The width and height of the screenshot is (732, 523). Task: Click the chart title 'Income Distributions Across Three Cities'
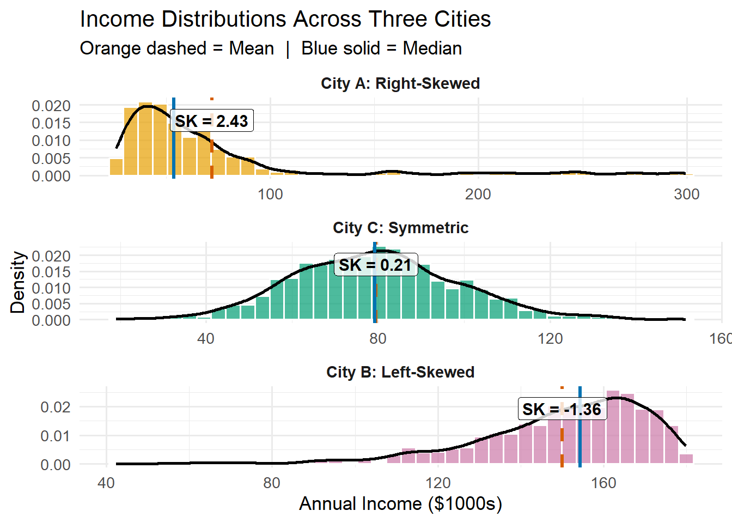285,20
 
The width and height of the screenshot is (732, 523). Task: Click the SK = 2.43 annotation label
211,121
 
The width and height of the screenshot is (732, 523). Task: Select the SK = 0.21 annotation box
375,265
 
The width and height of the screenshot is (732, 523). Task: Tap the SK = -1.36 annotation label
562,409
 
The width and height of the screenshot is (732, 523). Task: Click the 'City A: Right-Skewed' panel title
400,83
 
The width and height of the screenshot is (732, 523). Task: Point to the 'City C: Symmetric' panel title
400,228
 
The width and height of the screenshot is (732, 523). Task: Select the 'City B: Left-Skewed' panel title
400,372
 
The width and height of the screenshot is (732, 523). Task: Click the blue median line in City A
174,158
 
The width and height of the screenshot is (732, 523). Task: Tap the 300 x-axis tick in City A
686,194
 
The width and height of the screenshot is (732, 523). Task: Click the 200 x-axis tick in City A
478,194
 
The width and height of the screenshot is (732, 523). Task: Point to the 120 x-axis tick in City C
550,339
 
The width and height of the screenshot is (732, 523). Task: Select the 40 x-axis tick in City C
206,339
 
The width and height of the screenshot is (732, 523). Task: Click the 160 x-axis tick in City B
603,483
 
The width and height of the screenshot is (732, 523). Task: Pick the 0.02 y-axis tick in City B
56,407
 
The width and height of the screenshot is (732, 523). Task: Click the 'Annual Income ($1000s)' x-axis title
400,504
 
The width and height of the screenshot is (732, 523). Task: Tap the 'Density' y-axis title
18,282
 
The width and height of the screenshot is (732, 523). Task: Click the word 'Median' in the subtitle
432,48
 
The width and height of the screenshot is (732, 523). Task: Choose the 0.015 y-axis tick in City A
51,123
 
